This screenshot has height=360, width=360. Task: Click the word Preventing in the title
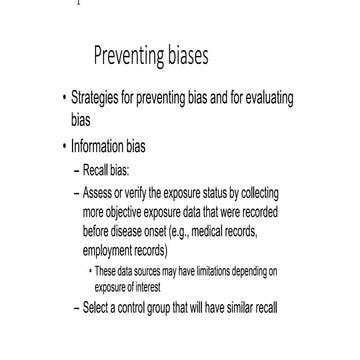click(x=133, y=55)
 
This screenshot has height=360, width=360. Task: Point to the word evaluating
click(x=267, y=101)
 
